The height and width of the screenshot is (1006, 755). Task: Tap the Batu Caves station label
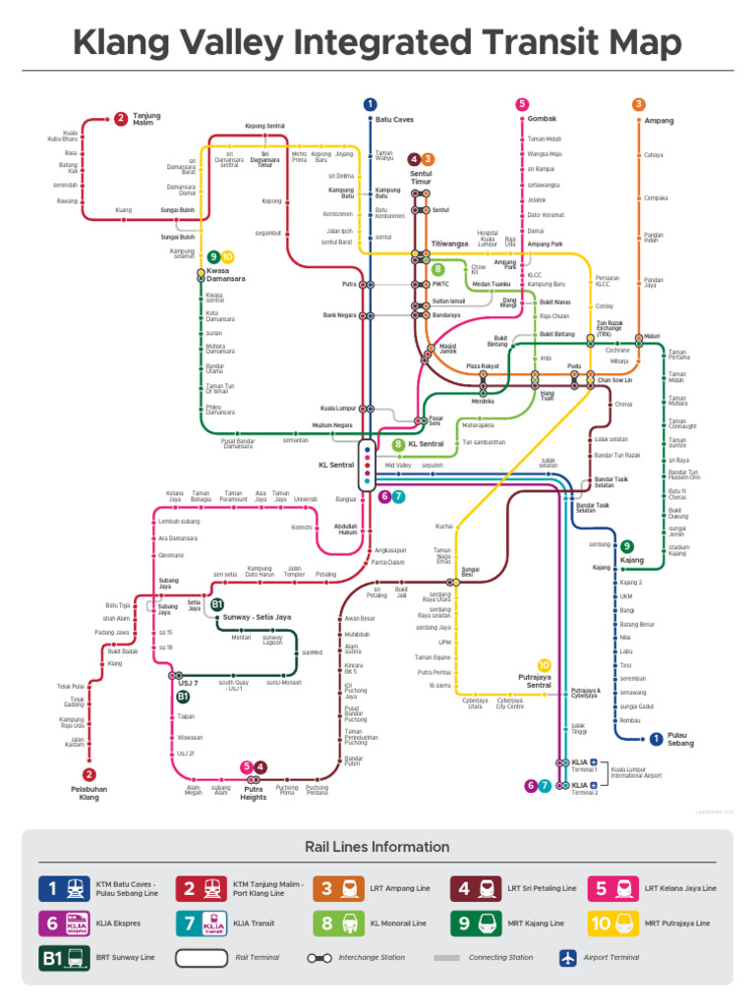click(x=394, y=120)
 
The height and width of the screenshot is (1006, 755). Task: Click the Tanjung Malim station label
click(x=146, y=119)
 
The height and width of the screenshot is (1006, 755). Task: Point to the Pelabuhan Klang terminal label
click(x=89, y=792)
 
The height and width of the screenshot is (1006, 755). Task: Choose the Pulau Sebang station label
click(x=680, y=739)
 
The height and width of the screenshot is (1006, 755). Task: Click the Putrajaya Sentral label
click(x=535, y=681)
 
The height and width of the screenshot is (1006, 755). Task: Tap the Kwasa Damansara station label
click(x=225, y=274)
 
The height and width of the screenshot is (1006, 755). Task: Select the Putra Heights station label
click(x=254, y=792)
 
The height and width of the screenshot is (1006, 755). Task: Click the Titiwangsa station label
click(x=449, y=244)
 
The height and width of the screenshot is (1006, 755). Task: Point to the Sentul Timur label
click(x=421, y=178)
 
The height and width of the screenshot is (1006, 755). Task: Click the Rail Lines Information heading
click(x=377, y=847)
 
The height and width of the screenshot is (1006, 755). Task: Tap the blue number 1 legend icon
click(x=53, y=888)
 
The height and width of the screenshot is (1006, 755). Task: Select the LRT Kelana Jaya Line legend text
click(x=680, y=888)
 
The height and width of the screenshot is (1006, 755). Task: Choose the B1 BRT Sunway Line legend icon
click(x=61, y=958)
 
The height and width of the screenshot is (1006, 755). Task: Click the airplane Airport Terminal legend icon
click(x=566, y=957)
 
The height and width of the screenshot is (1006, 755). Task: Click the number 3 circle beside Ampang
click(x=639, y=105)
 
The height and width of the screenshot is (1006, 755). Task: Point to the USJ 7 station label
click(x=188, y=683)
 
